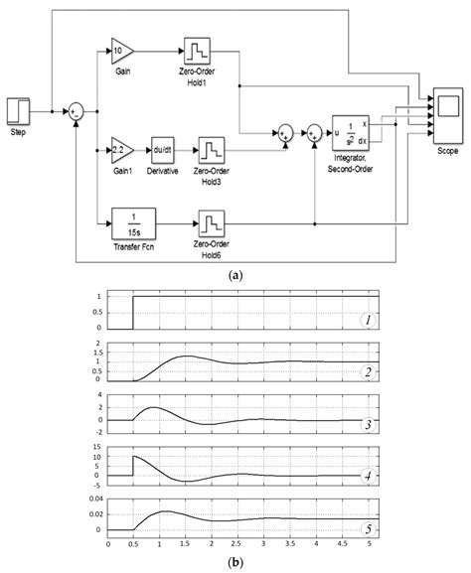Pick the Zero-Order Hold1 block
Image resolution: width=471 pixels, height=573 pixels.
pyautogui.click(x=197, y=49)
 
